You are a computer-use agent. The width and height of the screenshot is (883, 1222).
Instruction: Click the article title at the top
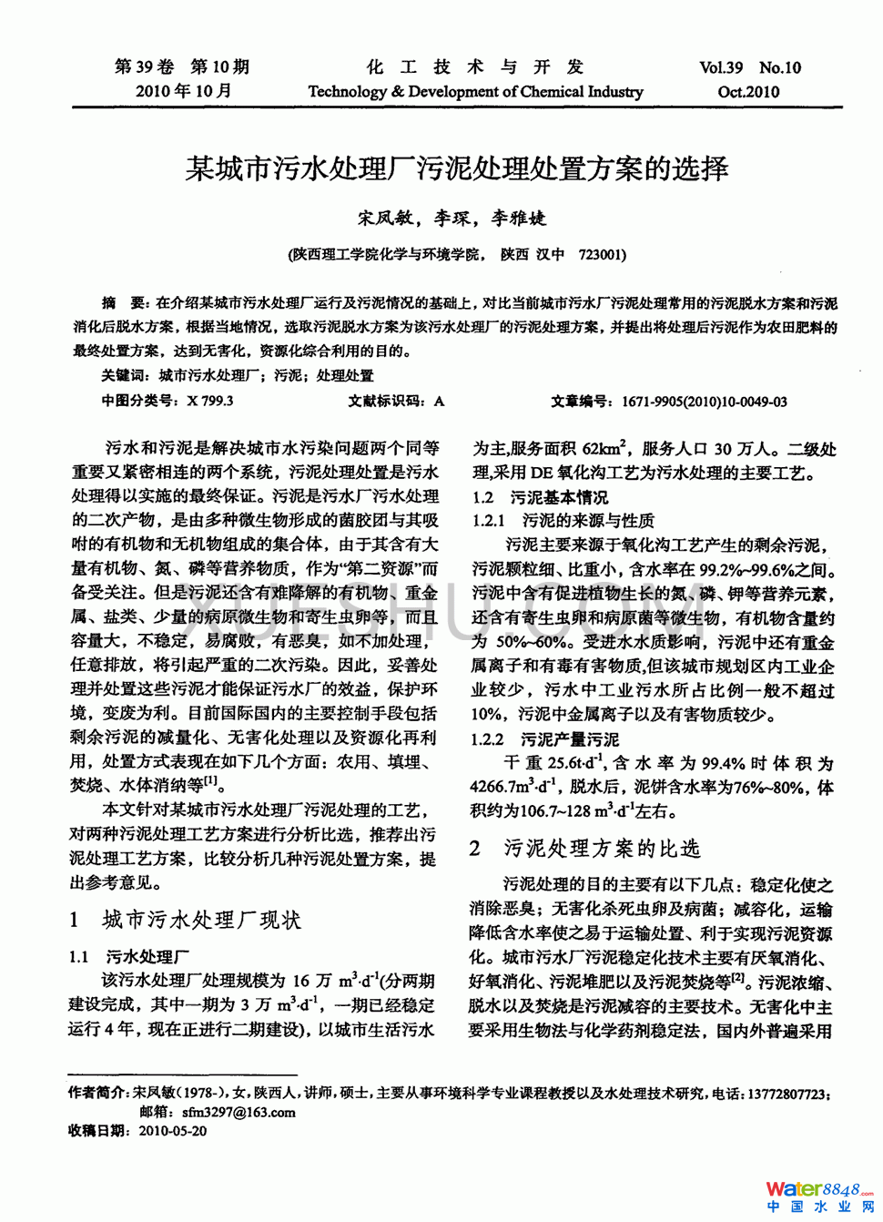(456, 168)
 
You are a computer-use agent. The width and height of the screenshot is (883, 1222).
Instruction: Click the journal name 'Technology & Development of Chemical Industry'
(475, 91)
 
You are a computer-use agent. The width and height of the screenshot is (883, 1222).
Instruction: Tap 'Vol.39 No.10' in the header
(750, 67)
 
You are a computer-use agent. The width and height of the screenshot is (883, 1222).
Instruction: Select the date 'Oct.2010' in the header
(748, 91)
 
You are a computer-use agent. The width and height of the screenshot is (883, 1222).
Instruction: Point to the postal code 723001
(602, 254)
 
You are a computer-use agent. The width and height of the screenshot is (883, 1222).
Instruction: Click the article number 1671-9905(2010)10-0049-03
(705, 401)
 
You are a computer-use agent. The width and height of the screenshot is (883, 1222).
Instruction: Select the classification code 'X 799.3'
(210, 401)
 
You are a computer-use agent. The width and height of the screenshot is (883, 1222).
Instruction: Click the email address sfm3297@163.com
(239, 1112)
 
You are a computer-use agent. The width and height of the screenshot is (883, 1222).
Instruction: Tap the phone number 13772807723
(787, 1094)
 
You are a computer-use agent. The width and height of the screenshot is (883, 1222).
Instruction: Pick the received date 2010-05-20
(173, 1131)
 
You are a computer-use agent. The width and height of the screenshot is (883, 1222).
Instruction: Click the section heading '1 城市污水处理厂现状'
(186, 920)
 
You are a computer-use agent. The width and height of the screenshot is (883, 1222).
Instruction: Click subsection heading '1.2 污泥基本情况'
(540, 497)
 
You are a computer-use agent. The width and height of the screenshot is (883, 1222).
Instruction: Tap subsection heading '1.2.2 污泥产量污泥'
(544, 739)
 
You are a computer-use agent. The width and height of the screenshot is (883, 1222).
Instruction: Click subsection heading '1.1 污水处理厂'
(129, 956)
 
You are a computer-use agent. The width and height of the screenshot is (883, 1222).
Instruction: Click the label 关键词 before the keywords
(125, 375)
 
